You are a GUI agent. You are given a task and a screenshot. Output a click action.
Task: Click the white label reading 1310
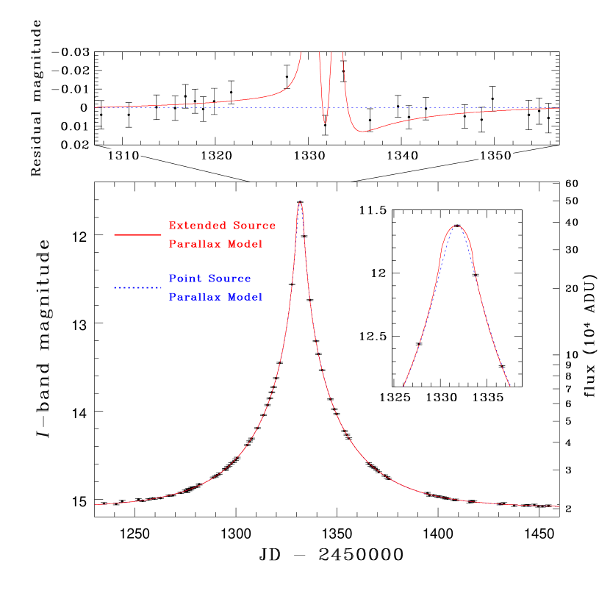(123, 156)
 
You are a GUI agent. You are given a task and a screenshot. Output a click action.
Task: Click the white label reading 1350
(495, 156)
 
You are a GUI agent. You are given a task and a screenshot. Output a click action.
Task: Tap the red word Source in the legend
(256, 226)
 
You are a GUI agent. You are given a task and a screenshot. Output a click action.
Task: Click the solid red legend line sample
(137, 234)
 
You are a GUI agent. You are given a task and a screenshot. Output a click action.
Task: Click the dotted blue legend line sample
(137, 287)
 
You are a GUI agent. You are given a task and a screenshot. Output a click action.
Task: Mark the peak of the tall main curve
(300, 202)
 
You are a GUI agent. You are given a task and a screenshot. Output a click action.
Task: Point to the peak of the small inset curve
(457, 226)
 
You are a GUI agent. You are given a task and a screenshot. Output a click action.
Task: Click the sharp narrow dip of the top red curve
(325, 123)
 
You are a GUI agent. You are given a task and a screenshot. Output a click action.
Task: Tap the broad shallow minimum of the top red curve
(361, 132)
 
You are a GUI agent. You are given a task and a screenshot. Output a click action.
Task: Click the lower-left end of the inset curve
(404, 385)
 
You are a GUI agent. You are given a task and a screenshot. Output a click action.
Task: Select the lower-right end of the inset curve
(509, 385)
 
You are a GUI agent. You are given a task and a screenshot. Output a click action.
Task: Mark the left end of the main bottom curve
(95, 505)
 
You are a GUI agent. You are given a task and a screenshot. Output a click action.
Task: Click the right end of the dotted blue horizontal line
(559, 108)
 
